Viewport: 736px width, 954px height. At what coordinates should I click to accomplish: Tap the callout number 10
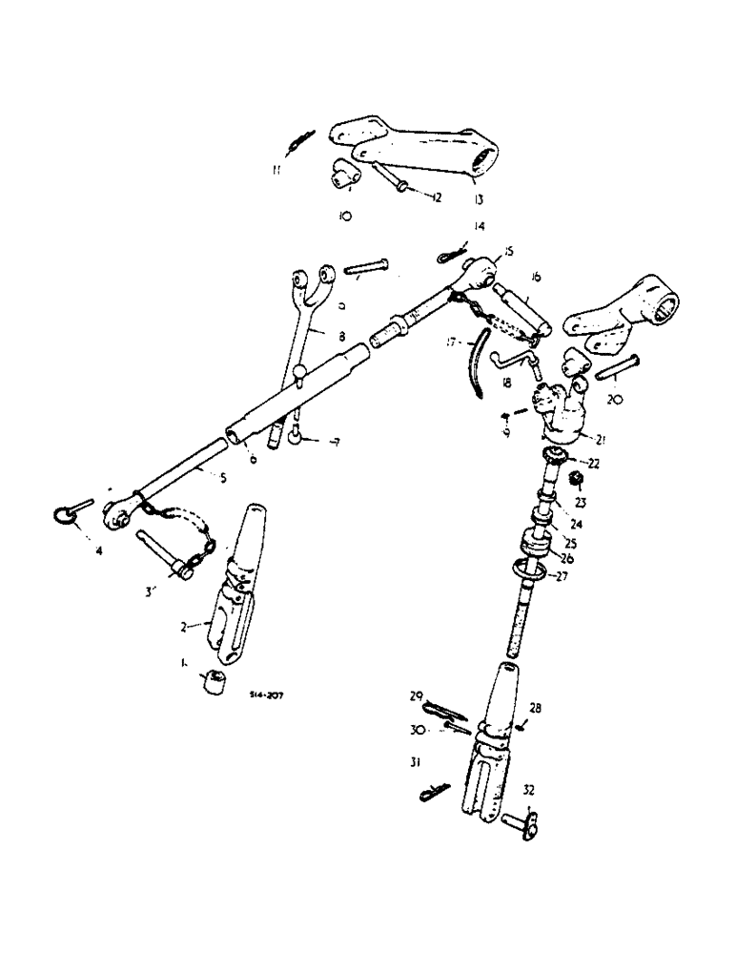[345, 217]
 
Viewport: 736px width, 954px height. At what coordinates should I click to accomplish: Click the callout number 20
[615, 402]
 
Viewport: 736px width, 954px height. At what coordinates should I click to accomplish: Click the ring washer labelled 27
[534, 570]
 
